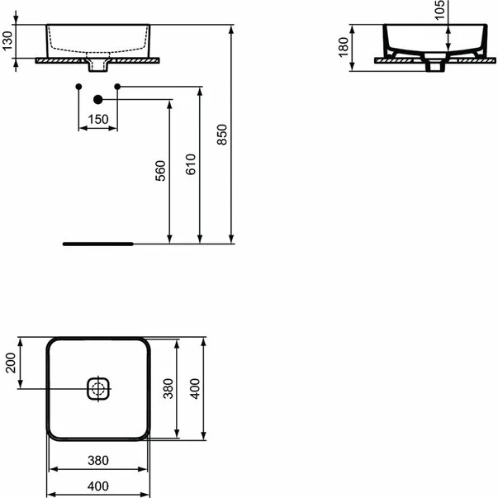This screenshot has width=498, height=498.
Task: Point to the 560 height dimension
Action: point(161,170)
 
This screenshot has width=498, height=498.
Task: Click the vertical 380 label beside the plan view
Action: point(167,388)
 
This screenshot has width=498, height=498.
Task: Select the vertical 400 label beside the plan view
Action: point(196,388)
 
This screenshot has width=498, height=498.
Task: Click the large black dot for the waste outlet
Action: point(98,99)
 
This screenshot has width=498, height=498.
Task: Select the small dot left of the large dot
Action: point(78,87)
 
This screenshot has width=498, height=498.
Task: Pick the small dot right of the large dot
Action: point(118,87)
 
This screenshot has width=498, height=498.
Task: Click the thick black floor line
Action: point(97,244)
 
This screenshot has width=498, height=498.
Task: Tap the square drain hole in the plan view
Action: point(99,388)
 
